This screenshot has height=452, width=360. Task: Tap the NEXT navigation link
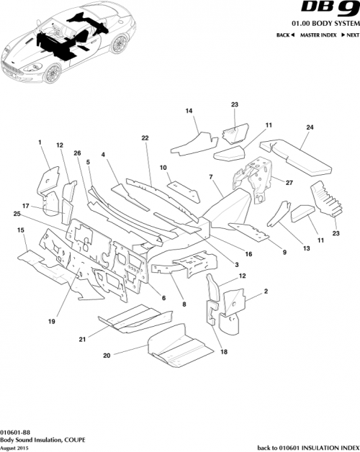(350, 35)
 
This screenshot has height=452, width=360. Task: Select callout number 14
(189, 111)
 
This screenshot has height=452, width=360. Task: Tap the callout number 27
(289, 183)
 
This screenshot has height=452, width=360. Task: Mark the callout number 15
(21, 230)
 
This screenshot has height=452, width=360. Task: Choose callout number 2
(266, 291)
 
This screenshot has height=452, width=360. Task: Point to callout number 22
(145, 137)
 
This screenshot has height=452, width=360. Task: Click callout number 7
(210, 177)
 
